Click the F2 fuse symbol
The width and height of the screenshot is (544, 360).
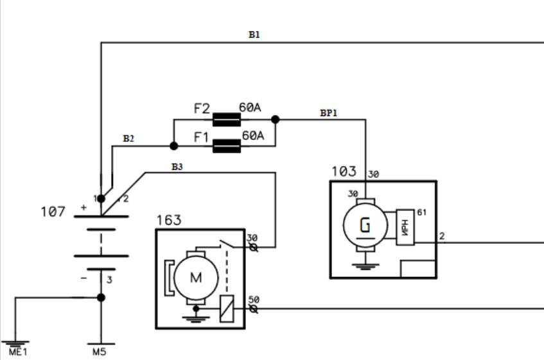226,119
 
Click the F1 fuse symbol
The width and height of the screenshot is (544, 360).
226,146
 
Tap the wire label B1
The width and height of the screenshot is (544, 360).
254,35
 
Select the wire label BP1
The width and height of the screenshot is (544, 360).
329,113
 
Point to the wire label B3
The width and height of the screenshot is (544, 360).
177,167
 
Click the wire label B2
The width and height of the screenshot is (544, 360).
128,139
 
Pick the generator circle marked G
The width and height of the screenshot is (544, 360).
365,225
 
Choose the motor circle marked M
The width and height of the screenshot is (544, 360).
195,277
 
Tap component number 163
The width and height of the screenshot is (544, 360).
169,220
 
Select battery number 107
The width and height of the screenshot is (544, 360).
53,210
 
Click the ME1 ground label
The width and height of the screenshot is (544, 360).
19,352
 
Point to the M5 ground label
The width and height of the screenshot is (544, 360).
100,352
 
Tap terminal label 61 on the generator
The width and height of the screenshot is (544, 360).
422,212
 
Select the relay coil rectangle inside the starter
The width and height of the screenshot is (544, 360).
227,307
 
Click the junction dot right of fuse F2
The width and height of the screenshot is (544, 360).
276,119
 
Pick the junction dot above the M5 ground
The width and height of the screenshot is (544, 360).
101,298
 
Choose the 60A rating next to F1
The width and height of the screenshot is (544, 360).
253,136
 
